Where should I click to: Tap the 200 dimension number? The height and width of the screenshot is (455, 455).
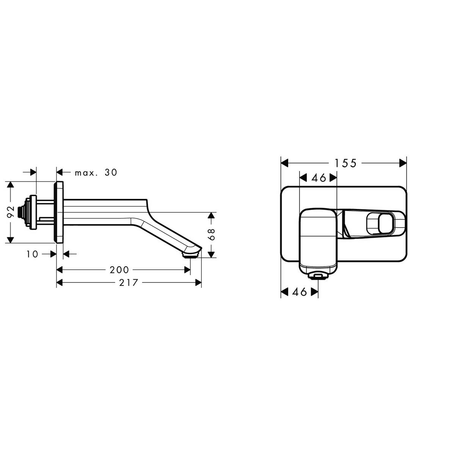(x=119, y=270)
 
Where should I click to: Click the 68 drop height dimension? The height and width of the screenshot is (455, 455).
(x=212, y=235)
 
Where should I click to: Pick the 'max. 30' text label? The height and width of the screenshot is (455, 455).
(x=96, y=173)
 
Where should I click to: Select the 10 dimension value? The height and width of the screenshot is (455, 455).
(x=33, y=254)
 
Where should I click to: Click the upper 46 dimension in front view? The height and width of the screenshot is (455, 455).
(x=318, y=177)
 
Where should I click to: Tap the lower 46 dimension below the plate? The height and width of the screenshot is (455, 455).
(x=300, y=292)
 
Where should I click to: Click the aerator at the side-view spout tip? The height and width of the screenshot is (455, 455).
(x=191, y=256)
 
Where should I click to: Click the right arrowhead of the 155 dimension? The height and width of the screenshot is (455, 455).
(x=403, y=163)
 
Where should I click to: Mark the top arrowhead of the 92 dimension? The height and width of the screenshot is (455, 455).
(x=11, y=185)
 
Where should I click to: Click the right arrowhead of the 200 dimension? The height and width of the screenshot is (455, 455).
(x=187, y=270)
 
